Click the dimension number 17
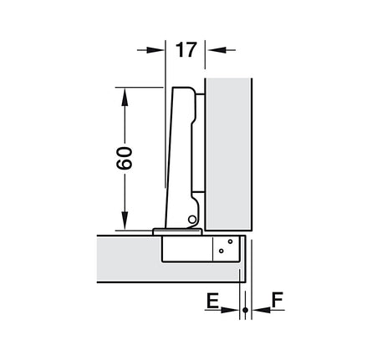click(x=186, y=50)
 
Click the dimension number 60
click(x=125, y=158)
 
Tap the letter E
click(x=212, y=300)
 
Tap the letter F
click(x=278, y=300)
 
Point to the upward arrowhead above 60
click(x=125, y=97)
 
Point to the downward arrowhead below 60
click(x=125, y=221)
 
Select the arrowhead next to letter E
click(x=230, y=310)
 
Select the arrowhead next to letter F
click(x=261, y=310)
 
